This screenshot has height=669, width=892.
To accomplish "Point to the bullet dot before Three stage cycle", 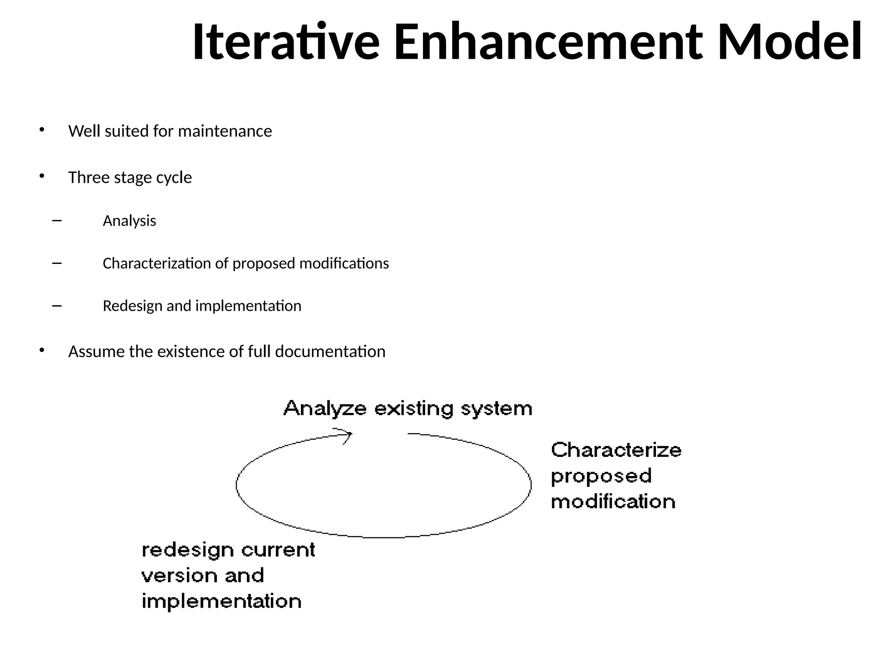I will point(42,176).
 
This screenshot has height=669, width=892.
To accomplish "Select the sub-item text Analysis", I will point(129,221).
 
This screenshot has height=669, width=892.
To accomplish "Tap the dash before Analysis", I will point(57,221).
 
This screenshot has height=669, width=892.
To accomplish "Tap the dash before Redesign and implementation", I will point(57,306).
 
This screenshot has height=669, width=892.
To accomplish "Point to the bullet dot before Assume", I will point(42,350).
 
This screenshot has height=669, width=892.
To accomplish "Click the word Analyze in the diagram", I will point(325,409).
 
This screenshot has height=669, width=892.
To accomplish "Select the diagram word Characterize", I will point(616,450).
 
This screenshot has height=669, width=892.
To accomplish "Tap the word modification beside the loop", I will point(613,502).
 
